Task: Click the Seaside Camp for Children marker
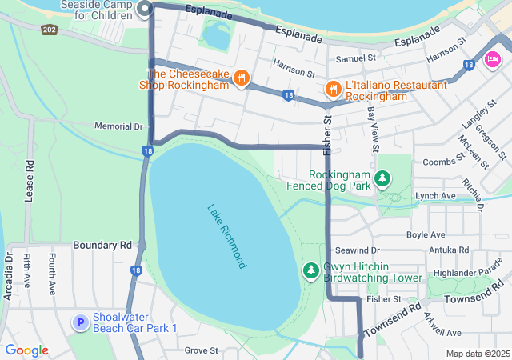145,9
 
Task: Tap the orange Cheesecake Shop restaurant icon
241,78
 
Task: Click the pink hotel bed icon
492,58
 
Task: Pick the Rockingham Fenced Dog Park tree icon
383,178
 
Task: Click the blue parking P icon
80,322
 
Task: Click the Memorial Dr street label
118,126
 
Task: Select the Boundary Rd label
102,244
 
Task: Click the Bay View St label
373,128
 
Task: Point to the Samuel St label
355,58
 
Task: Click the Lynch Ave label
435,196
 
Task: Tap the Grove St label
201,350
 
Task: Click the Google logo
26,350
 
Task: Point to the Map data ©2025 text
477,354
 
